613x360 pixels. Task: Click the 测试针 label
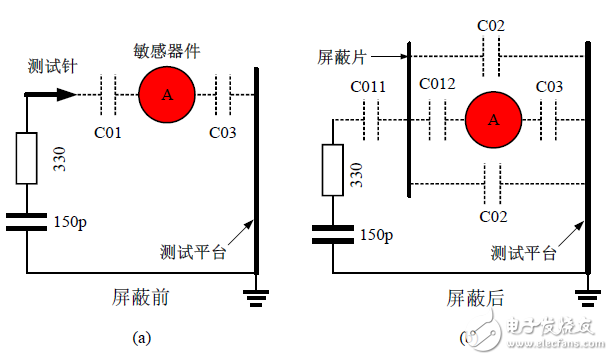pyautogui.click(x=50, y=65)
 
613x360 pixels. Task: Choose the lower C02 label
pyautogui.click(x=490, y=215)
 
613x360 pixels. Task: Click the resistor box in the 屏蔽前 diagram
pyautogui.click(x=27, y=158)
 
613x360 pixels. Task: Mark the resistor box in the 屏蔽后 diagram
pyautogui.click(x=332, y=169)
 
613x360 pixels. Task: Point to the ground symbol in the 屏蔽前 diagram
pyautogui.click(x=258, y=295)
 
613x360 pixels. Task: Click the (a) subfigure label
pyautogui.click(x=141, y=338)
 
